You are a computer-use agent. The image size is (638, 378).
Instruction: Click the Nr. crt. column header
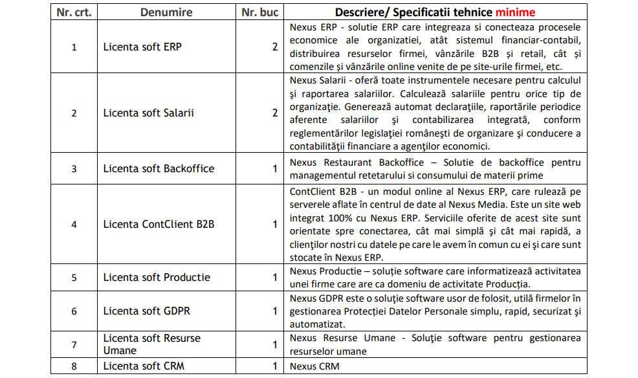point(74,12)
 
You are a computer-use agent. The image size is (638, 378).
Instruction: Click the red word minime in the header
point(513,12)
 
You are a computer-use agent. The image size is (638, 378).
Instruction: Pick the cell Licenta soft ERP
point(142,47)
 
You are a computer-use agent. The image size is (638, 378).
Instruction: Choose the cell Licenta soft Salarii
point(148,113)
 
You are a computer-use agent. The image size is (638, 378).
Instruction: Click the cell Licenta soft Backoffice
point(159,168)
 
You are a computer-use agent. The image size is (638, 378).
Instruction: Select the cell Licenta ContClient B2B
point(159,224)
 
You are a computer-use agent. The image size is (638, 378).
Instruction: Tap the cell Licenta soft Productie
point(157,277)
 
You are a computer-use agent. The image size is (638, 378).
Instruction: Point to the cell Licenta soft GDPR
point(146,311)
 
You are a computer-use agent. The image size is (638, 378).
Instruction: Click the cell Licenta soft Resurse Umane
point(152,344)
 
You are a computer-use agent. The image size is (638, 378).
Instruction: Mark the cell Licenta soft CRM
point(144,366)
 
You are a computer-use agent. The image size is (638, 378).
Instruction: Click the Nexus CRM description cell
point(314,366)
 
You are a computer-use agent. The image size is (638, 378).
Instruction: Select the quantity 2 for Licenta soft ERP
point(275,47)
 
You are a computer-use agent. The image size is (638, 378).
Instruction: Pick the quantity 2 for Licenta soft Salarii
point(275,113)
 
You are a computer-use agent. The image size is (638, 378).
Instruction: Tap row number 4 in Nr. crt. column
point(74,225)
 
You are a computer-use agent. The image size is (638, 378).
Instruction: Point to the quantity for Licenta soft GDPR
point(275,311)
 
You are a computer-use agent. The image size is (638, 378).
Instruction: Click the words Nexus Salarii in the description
point(316,80)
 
